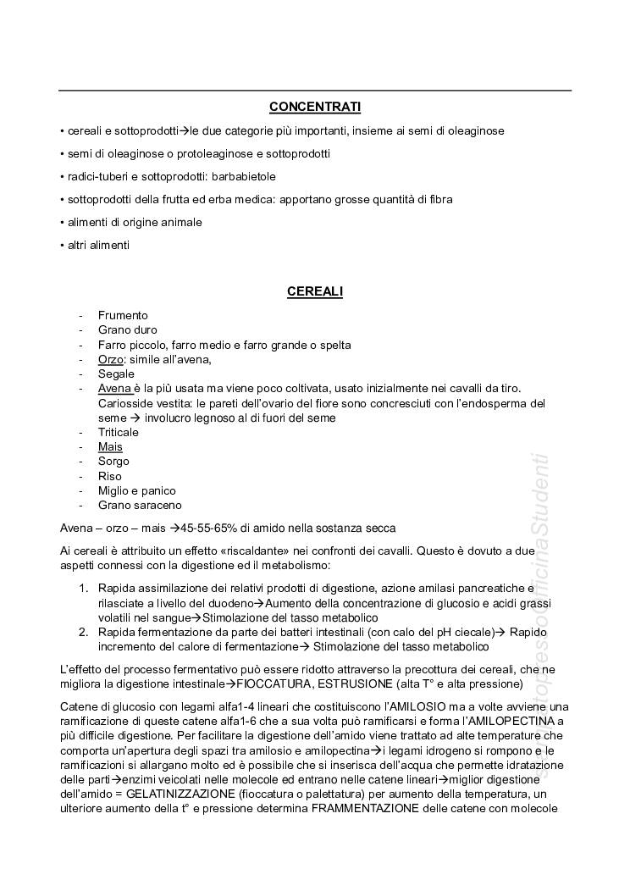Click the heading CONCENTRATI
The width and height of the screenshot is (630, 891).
(315, 107)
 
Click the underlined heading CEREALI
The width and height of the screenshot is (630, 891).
(315, 291)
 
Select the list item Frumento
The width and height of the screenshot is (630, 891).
(123, 316)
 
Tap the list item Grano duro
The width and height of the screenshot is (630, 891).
(127, 330)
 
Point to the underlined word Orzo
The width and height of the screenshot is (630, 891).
(111, 359)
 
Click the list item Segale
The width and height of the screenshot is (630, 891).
(116, 374)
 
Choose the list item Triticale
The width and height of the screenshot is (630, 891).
(118, 432)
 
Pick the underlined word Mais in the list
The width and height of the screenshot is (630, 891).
(110, 447)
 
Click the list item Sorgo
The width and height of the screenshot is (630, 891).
(113, 462)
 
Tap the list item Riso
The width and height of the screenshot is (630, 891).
(110, 476)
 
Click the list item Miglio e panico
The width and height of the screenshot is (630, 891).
(136, 490)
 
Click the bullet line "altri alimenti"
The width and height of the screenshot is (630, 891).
(96, 246)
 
